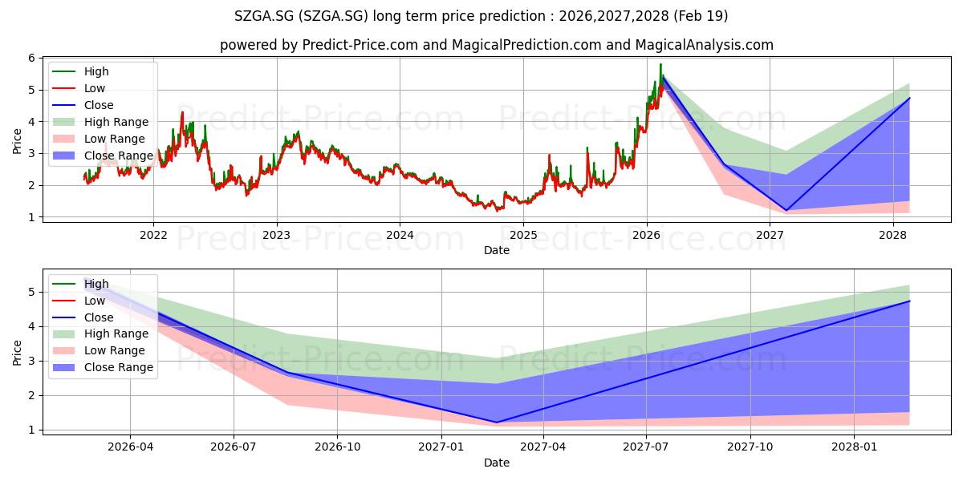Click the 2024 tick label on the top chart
click(x=400, y=235)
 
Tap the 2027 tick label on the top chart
click(x=770, y=235)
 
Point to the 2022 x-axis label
click(x=153, y=235)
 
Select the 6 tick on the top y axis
click(x=32, y=58)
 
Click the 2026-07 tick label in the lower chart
click(x=234, y=447)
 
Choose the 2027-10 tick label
click(x=750, y=447)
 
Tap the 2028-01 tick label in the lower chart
click(x=854, y=447)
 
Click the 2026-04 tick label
click(x=130, y=447)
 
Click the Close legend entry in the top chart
click(x=83, y=105)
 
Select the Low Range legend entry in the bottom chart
click(x=99, y=350)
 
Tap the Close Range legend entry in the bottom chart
click(x=103, y=367)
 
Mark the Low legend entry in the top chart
click(x=79, y=88)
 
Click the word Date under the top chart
click(x=497, y=250)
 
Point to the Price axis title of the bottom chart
click(x=17, y=353)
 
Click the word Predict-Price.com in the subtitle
click(x=360, y=45)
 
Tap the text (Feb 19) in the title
click(x=701, y=16)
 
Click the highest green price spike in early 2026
click(x=660, y=64)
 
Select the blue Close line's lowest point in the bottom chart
click(x=497, y=422)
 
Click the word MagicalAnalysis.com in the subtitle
click(x=705, y=45)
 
